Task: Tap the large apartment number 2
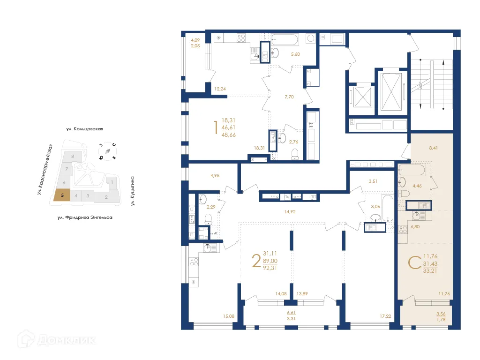click(256, 261)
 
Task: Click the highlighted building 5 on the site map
click(62, 195)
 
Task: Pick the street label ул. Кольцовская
click(84, 128)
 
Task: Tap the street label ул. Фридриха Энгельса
click(85, 217)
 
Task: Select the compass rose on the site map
click(107, 151)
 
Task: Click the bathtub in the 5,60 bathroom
click(285, 38)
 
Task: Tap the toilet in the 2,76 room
click(295, 153)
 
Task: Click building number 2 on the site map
click(106, 197)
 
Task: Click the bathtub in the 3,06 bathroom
click(386, 208)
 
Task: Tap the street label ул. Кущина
click(133, 191)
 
